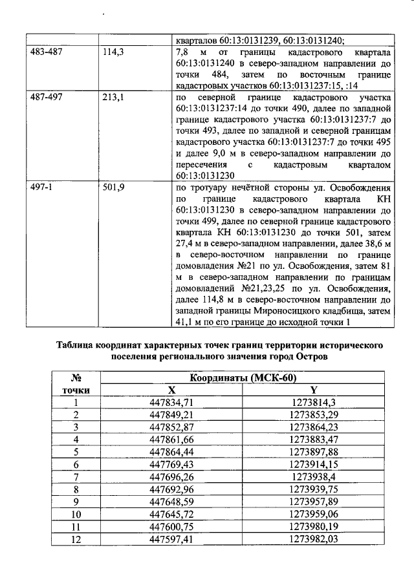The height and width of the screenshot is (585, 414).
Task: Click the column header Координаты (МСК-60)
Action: (x=238, y=379)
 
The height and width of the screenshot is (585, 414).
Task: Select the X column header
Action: (x=171, y=390)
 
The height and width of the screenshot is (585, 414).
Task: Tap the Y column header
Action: (x=313, y=390)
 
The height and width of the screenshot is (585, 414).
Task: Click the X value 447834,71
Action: (x=171, y=403)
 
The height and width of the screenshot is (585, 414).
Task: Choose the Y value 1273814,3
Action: (x=313, y=403)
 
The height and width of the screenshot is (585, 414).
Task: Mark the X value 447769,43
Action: (x=171, y=464)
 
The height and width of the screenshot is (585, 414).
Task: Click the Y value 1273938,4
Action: (x=313, y=476)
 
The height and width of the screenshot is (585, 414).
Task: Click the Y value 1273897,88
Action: (x=314, y=452)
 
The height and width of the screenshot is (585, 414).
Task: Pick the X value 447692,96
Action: (x=171, y=489)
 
